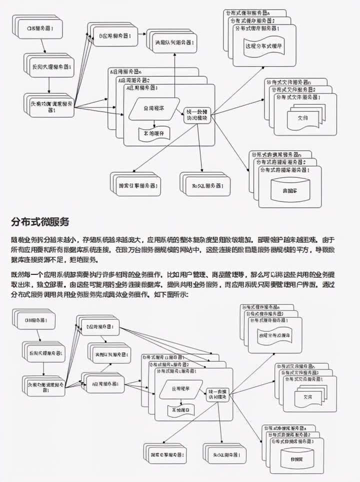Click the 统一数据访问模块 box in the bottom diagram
click(x=217, y=393)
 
